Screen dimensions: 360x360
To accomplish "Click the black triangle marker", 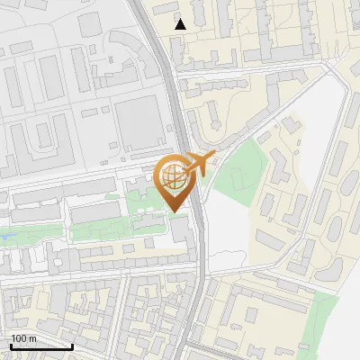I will click(181, 24).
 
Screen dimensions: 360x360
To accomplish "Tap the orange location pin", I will click(175, 180).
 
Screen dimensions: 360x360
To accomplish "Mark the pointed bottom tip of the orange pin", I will click(175, 211).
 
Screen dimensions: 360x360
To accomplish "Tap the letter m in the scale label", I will click(32, 338).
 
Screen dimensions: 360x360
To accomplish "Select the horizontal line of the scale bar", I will click(40, 346).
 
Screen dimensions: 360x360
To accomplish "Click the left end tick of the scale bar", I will click(10, 345).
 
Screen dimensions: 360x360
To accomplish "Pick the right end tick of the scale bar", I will click(72, 345).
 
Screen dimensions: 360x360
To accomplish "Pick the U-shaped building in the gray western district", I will click(42, 135).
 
